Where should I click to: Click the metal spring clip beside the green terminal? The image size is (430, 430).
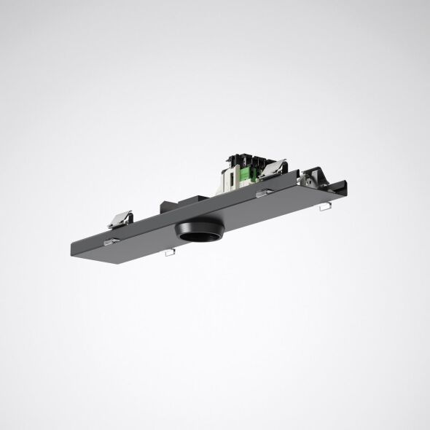(x=271, y=168)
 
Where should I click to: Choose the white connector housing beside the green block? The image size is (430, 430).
(x=235, y=173)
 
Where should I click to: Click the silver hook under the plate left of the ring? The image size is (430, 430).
(x=169, y=252)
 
